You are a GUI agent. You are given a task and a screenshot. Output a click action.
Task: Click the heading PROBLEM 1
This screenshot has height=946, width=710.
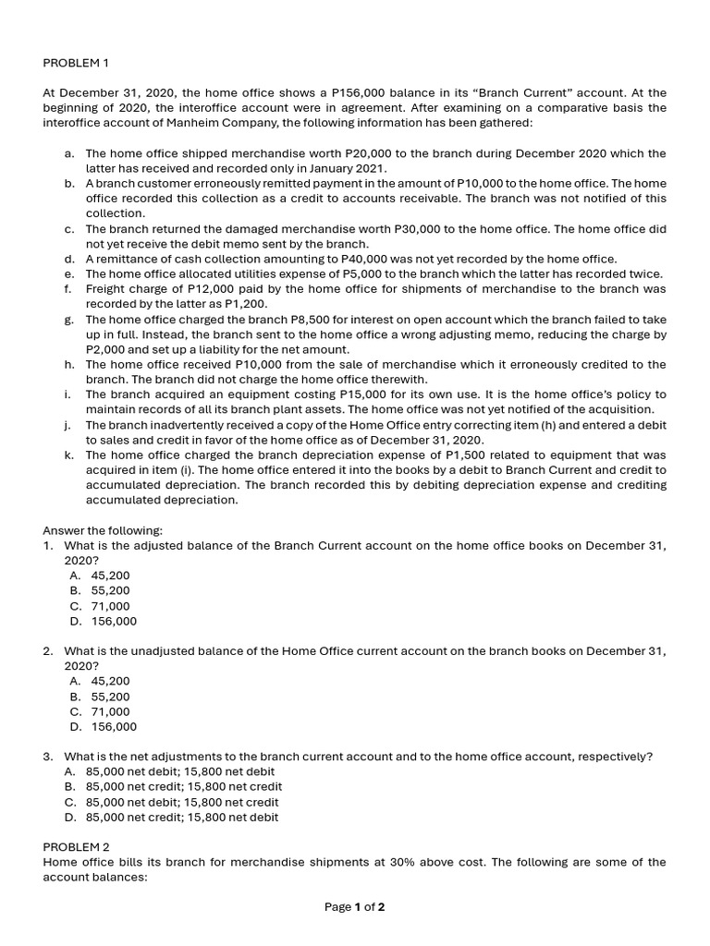[76, 63]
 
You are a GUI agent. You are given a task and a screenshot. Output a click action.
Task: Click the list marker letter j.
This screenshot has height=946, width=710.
[68, 425]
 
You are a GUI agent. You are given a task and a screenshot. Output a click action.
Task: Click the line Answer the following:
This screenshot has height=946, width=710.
[103, 530]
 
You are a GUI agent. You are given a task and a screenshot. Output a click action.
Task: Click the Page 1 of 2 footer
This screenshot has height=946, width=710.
[354, 907]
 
